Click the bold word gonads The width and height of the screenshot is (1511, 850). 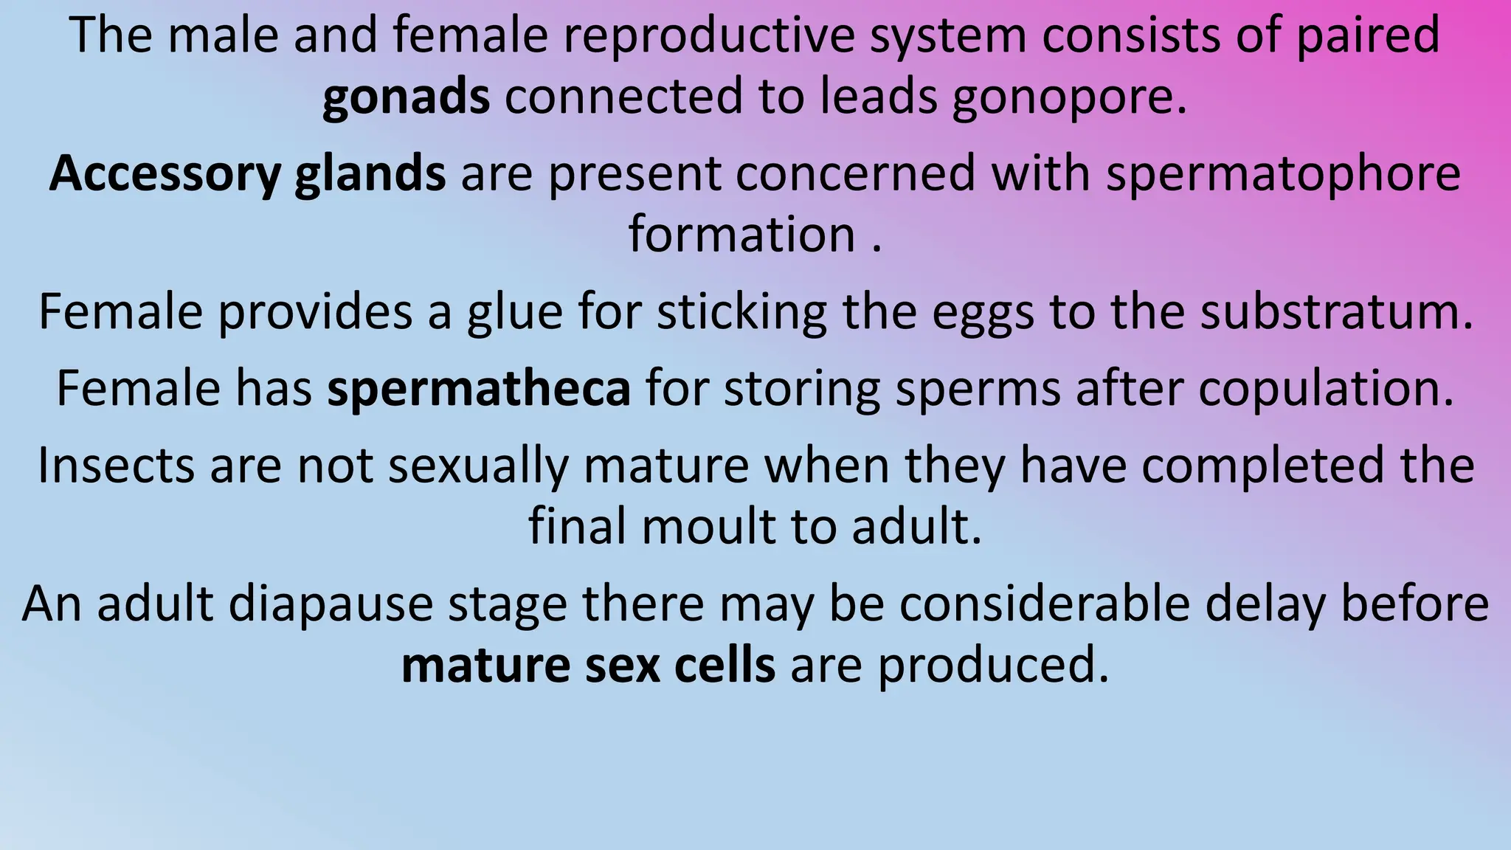coord(406,97)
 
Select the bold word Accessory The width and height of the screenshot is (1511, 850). coord(165,174)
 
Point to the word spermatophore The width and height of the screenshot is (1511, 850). coord(1283,174)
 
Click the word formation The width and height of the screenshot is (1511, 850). coord(741,235)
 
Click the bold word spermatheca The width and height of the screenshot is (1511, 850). coord(479,389)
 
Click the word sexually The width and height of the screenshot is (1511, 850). coord(479,466)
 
